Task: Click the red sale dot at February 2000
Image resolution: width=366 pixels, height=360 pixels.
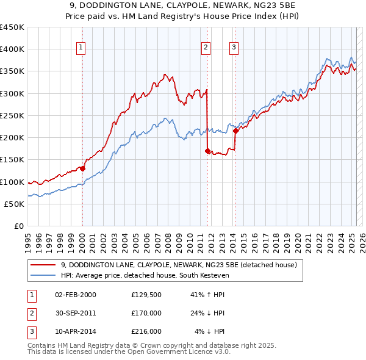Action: click(82, 169)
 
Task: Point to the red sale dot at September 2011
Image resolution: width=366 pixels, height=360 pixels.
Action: click(207, 151)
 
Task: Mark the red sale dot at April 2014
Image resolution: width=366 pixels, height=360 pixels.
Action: click(235, 131)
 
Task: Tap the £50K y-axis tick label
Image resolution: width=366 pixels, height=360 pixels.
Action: click(14, 204)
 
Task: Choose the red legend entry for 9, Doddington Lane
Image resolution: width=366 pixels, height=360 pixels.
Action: click(179, 265)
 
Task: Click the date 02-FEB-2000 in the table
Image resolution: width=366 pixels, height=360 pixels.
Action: click(75, 295)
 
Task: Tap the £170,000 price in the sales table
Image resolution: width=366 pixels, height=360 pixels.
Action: click(146, 313)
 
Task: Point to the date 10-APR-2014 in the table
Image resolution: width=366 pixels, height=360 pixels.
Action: click(75, 331)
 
